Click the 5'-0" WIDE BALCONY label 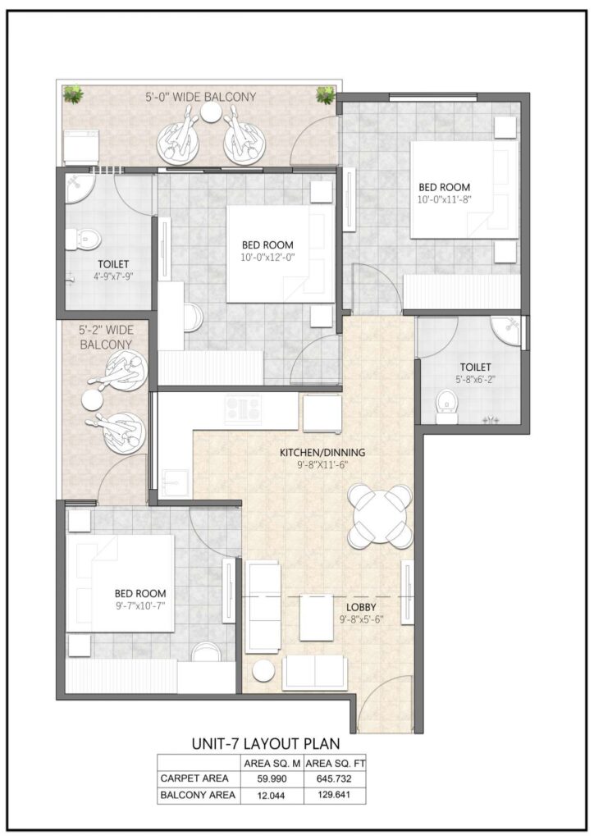pyautogui.click(x=198, y=97)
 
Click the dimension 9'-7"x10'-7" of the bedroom pyautogui.click(x=140, y=607)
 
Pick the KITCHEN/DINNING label pyautogui.click(x=322, y=452)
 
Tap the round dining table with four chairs pyautogui.click(x=380, y=516)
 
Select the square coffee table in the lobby pyautogui.click(x=316, y=618)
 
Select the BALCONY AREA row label pyautogui.click(x=199, y=795)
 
